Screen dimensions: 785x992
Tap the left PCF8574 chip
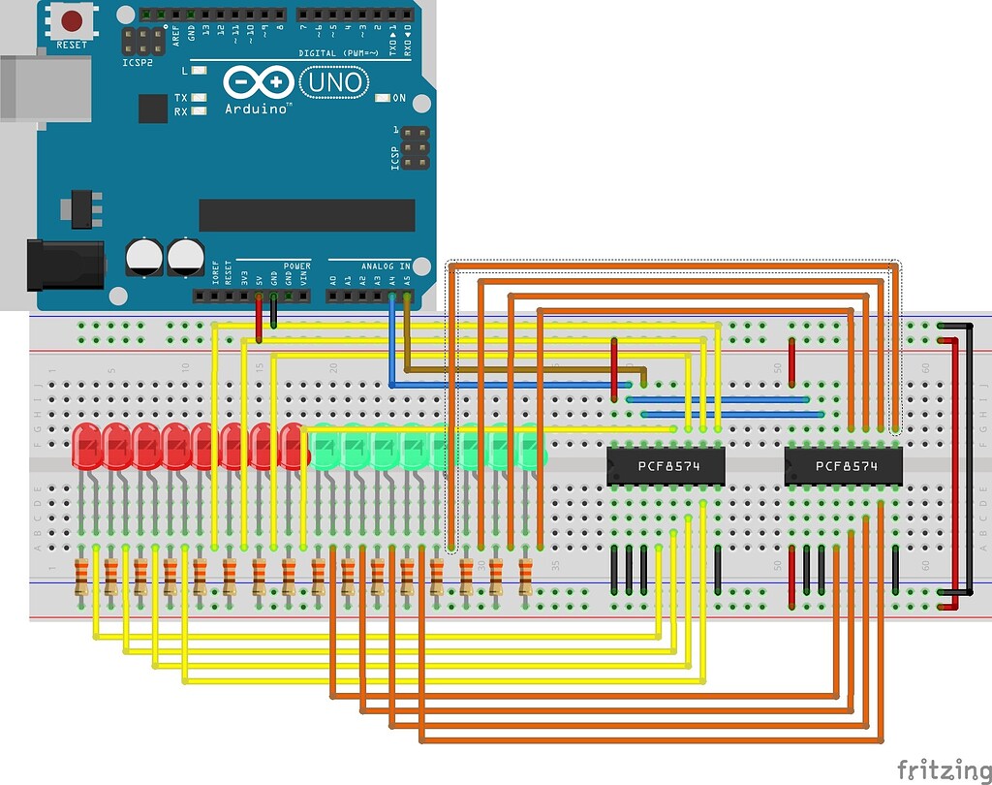pos(666,466)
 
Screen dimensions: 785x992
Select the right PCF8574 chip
pos(844,466)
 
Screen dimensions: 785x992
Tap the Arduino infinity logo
pos(258,82)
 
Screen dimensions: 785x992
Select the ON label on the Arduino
pos(399,99)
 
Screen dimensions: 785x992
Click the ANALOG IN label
pos(387,266)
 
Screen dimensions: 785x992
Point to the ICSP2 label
pos(138,61)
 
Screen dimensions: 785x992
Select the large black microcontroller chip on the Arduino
pos(306,215)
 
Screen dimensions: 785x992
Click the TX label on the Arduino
pos(181,98)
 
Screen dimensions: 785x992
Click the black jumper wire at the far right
pos(970,455)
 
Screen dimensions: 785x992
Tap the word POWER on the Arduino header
pos(297,266)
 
